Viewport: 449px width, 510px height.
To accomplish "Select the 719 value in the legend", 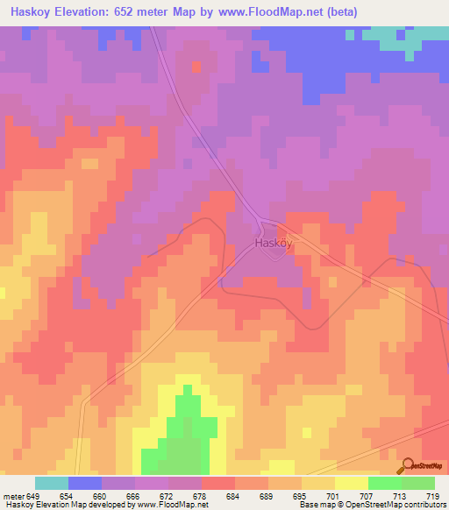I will [x=432, y=496].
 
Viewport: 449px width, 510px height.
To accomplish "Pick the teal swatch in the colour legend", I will [x=52, y=483].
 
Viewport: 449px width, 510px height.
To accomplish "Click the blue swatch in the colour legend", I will [x=85, y=483].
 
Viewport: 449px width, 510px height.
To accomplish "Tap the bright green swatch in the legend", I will [x=385, y=483].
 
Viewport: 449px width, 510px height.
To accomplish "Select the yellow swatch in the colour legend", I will [x=352, y=483].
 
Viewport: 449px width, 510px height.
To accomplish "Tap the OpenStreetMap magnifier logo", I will [x=406, y=465].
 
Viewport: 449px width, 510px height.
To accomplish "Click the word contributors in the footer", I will [x=422, y=506].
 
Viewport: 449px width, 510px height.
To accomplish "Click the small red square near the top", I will [x=196, y=66].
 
